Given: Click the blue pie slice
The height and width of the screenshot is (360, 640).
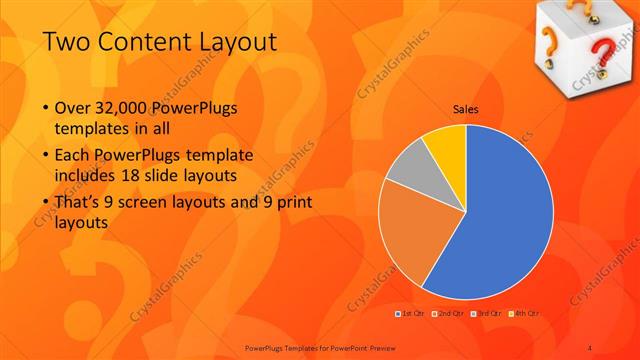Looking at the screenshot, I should [505, 220].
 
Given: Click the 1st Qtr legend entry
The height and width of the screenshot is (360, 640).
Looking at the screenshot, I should [410, 314].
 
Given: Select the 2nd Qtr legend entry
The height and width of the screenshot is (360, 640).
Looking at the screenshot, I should [451, 314].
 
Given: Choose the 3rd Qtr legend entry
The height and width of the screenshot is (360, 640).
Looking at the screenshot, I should [489, 314].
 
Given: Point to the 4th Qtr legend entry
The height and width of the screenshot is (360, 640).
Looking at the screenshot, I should [527, 314].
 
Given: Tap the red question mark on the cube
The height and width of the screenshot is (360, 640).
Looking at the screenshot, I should [605, 50].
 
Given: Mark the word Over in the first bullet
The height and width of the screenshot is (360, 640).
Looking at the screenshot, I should [73, 108].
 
